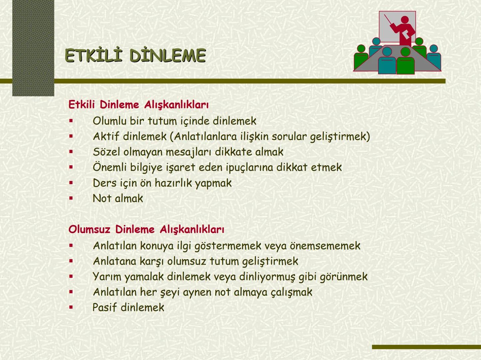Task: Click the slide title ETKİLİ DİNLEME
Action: [135, 55]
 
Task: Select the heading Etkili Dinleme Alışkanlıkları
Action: [138, 105]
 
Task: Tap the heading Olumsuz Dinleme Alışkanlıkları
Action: [146, 229]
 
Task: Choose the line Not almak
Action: [118, 198]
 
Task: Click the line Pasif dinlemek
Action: [128, 307]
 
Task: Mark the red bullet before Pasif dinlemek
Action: [71, 307]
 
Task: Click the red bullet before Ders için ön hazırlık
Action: [71, 183]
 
